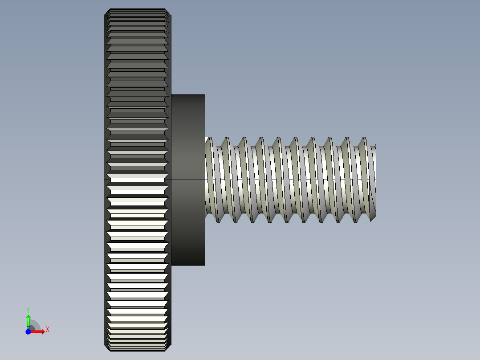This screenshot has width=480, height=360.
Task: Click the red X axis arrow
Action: tap(38, 331)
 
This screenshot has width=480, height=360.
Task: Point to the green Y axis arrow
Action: tap(28, 320)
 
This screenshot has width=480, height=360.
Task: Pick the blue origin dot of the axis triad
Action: tap(28, 331)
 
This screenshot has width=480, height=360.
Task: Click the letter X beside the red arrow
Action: tap(48, 330)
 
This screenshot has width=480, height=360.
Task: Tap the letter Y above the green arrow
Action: tap(28, 309)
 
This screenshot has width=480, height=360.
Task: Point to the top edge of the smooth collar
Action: tap(188, 94)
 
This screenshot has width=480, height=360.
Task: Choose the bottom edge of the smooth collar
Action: tap(188, 266)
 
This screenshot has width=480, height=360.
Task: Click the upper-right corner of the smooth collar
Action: tap(205, 95)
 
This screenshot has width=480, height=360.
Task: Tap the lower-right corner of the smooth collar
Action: tap(205, 265)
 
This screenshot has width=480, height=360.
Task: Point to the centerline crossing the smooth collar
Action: tap(188, 180)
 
